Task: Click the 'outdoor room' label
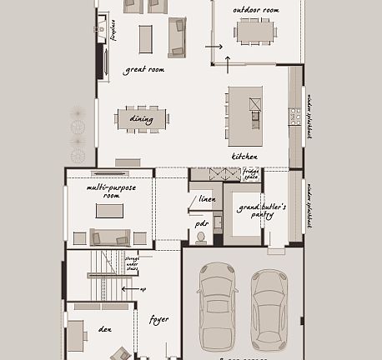tap(256, 10)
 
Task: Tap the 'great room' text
tap(143, 70)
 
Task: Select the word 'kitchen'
tap(244, 157)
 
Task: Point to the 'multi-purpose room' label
tap(110, 191)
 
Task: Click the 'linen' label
tap(208, 199)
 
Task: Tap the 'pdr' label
tap(202, 223)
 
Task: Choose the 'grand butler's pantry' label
tap(261, 209)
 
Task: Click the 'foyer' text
tap(158, 319)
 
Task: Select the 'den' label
tap(105, 329)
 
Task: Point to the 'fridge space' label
tap(250, 174)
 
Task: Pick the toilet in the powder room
tap(200, 237)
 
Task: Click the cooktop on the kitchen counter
tap(295, 117)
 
